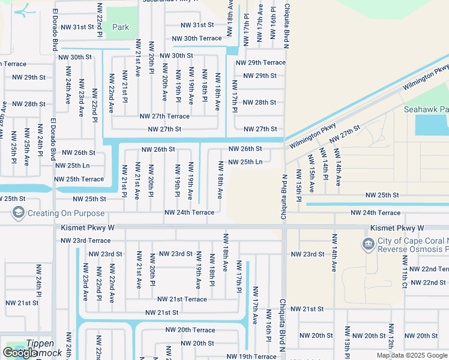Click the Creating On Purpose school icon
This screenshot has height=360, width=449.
[19, 213]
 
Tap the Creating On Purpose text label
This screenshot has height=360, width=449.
[66, 213]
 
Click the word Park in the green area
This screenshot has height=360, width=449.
[121, 27]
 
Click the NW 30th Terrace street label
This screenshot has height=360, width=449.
[197, 38]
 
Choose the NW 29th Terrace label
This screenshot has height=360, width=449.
[261, 62]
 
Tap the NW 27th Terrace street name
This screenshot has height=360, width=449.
[164, 116]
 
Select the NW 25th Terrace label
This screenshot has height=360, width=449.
[79, 179]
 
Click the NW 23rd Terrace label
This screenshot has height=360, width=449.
[86, 240]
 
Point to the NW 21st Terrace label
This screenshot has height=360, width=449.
[182, 299]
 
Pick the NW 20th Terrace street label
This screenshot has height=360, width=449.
[190, 329]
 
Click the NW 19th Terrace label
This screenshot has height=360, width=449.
[252, 356]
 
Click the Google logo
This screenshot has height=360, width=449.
[20, 353]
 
